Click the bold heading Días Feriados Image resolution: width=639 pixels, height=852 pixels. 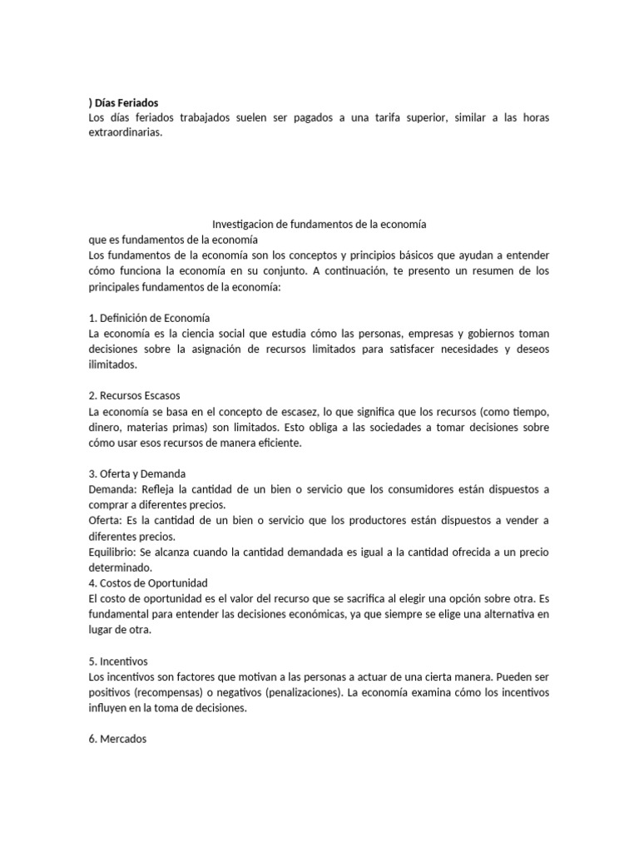click(126, 102)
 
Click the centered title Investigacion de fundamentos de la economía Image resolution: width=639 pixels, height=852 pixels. click(319, 225)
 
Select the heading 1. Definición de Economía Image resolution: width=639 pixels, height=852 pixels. click(149, 318)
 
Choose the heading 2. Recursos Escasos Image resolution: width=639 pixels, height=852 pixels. click(133, 396)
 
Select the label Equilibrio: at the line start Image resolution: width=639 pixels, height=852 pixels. click(113, 552)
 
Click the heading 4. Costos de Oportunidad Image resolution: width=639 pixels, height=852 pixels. click(147, 582)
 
